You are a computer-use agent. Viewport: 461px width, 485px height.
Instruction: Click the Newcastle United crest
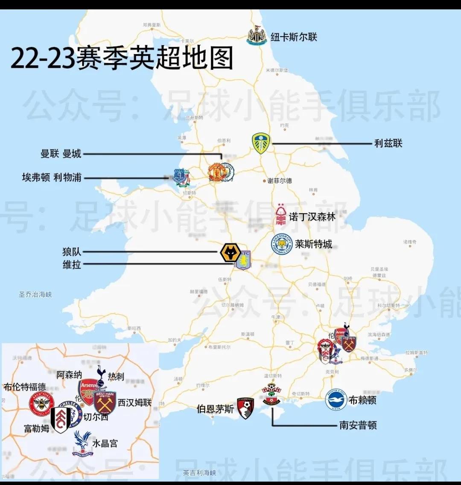(x=257, y=36)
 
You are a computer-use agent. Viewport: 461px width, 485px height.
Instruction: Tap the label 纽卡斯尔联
(x=294, y=37)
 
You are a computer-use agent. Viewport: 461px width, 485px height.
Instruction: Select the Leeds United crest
(x=261, y=143)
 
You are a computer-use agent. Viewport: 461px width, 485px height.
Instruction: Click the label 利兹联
(x=388, y=143)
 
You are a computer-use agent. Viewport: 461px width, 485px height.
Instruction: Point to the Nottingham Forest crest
(x=281, y=215)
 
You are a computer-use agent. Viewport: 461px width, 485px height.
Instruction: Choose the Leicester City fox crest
(x=282, y=245)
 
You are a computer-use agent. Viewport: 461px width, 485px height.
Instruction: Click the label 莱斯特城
(x=313, y=244)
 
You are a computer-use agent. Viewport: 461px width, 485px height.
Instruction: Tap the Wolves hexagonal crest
(x=230, y=253)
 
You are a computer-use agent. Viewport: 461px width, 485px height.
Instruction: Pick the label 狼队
(x=72, y=252)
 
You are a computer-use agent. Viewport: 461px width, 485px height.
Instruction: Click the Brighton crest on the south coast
(x=336, y=400)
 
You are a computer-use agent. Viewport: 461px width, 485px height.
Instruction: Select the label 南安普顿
(x=358, y=425)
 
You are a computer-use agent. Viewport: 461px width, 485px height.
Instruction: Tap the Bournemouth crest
(x=245, y=408)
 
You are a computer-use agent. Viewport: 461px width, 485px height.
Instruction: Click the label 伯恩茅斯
(x=215, y=409)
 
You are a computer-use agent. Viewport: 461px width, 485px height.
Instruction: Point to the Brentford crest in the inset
(x=41, y=404)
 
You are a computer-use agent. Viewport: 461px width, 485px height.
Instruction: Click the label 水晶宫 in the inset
(x=105, y=443)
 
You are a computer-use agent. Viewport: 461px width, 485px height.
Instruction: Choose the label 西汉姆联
(x=134, y=402)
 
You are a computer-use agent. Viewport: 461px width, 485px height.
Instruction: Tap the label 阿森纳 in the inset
(x=69, y=375)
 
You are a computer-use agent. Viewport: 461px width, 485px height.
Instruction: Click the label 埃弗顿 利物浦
(x=52, y=177)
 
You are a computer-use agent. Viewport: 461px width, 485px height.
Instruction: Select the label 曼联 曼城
(x=61, y=154)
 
